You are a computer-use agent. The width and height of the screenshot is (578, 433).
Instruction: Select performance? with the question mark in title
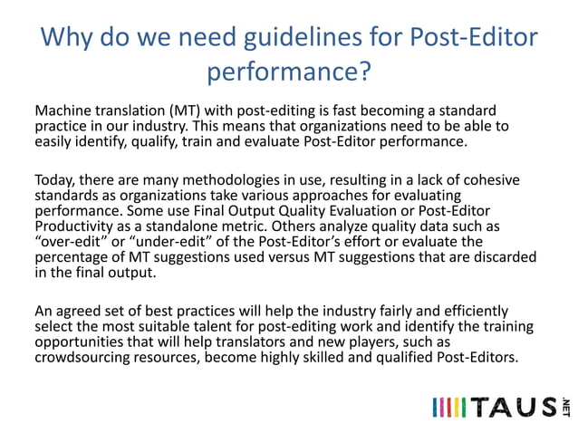[289, 70]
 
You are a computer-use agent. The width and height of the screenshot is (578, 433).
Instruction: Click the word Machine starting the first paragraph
[63, 111]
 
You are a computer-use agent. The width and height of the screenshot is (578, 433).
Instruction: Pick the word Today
[56, 180]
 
